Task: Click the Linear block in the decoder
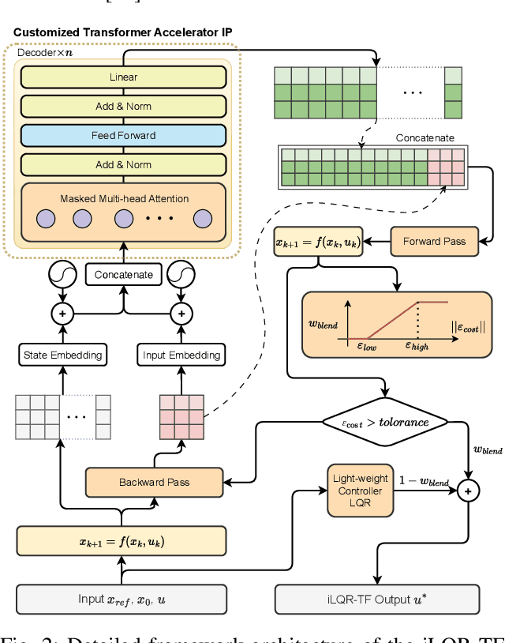(123, 77)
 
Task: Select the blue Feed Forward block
(123, 135)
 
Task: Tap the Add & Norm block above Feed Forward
(123, 106)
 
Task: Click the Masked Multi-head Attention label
(124, 198)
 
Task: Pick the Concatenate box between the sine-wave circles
(123, 275)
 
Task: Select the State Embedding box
(62, 355)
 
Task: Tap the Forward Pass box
(433, 241)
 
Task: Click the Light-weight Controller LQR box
(359, 491)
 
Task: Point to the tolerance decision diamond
(386, 422)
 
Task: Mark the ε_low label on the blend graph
(364, 345)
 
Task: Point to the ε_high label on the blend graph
(417, 345)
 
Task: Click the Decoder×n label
(46, 51)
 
